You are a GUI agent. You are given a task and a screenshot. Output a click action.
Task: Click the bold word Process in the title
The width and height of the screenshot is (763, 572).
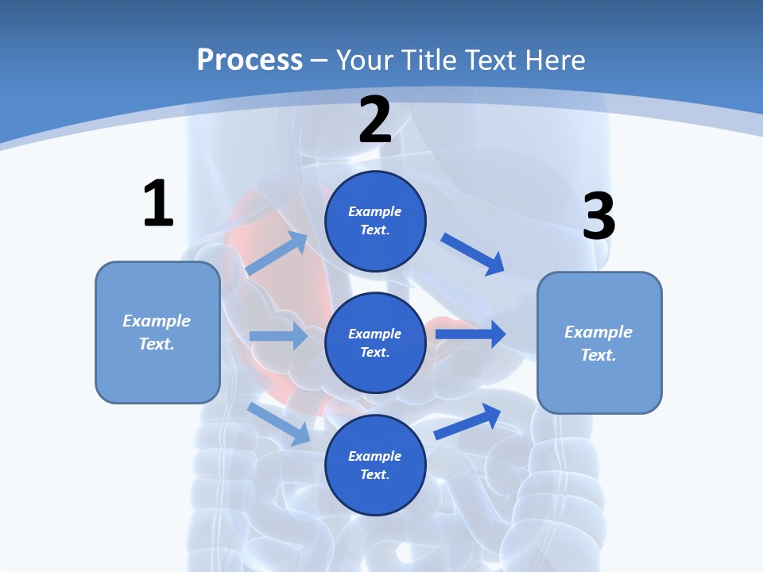click(x=250, y=60)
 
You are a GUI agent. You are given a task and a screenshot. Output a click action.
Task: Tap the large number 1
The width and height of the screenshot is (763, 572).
click(x=158, y=204)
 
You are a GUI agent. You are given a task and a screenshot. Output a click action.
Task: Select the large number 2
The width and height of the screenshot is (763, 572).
click(x=375, y=120)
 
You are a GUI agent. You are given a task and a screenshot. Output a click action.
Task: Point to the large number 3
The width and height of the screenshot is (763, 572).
click(x=598, y=216)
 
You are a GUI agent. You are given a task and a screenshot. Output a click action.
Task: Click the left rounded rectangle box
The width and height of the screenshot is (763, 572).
click(x=157, y=332)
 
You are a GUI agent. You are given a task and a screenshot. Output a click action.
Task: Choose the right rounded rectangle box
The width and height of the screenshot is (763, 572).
click(x=599, y=342)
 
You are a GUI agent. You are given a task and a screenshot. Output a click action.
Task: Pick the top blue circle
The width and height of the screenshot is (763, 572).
click(x=375, y=221)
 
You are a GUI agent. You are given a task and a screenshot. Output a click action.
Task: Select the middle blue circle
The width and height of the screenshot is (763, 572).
click(x=375, y=342)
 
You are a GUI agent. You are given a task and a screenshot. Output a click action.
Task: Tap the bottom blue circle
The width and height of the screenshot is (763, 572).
click(x=375, y=465)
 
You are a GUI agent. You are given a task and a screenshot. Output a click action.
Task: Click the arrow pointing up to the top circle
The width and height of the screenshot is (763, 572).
click(x=277, y=253)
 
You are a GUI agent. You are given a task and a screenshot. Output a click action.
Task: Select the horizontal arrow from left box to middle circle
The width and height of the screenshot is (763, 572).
click(x=278, y=336)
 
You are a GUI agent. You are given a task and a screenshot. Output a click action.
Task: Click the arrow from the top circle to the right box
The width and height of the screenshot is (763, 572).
click(x=473, y=253)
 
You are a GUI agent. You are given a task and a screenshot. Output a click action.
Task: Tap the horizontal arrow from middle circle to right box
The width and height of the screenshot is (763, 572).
click(x=471, y=334)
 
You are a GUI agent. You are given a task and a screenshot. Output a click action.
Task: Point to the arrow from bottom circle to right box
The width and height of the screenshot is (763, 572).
click(x=467, y=421)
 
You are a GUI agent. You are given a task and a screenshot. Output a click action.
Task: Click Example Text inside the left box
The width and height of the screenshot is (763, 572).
click(x=157, y=332)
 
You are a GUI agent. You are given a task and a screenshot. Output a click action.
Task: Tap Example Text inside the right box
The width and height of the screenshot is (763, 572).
click(x=599, y=343)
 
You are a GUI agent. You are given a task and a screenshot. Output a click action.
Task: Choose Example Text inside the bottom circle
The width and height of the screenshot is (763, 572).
click(x=375, y=465)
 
